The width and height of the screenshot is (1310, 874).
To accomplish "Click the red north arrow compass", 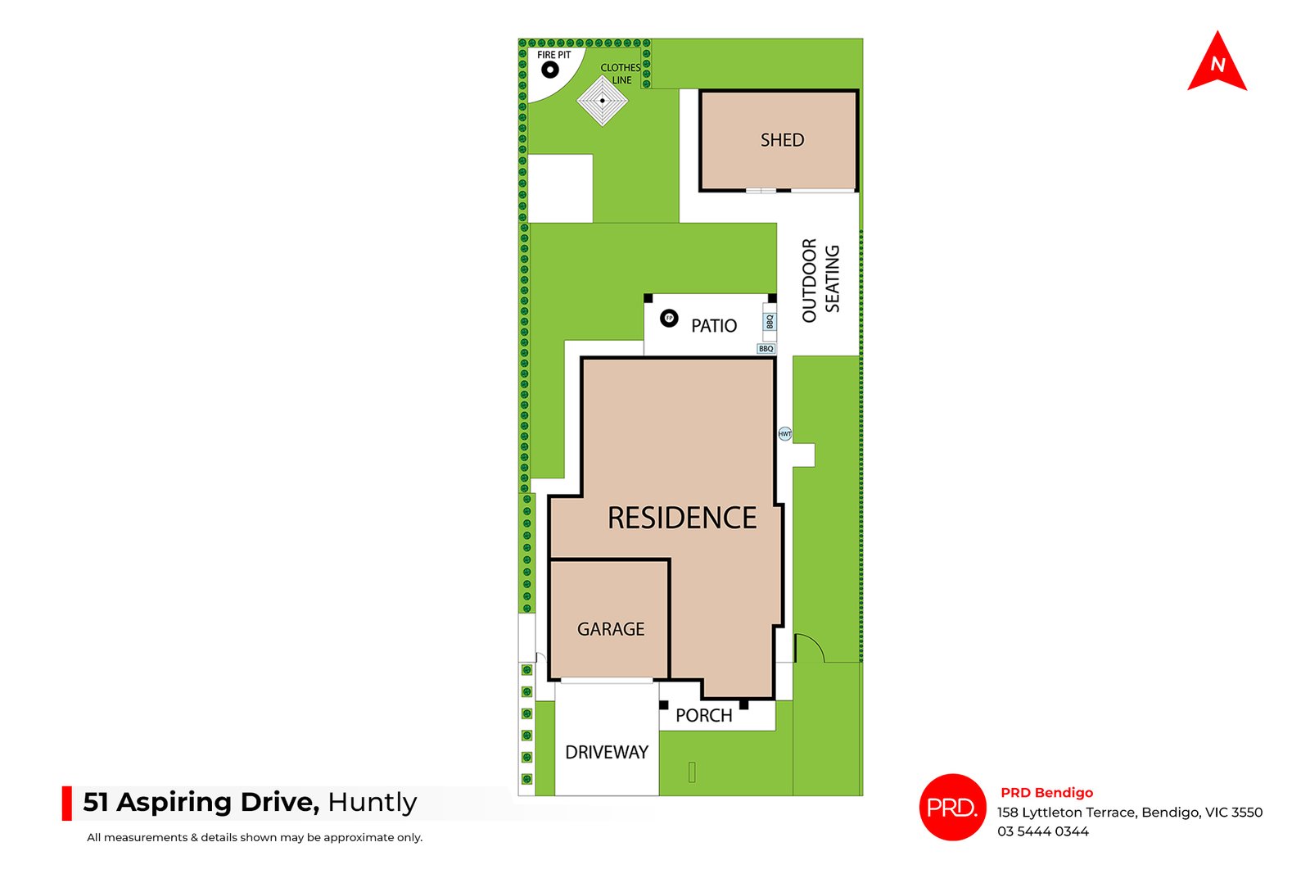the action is (x=1217, y=63).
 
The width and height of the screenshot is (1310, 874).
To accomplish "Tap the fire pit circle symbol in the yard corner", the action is (x=549, y=70).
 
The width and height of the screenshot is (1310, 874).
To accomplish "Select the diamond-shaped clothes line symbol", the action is (x=603, y=101).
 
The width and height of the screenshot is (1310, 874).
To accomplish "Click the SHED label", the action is (x=782, y=140).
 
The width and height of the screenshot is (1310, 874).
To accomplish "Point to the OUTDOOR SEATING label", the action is (x=820, y=279).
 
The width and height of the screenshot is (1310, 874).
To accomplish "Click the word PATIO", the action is (x=713, y=326).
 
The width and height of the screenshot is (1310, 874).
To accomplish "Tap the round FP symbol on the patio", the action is (x=669, y=319).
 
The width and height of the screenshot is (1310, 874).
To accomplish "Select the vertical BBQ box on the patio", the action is (x=770, y=322).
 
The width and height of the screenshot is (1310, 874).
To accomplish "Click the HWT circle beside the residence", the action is (x=785, y=433).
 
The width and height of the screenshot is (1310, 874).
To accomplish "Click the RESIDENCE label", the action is (x=682, y=518).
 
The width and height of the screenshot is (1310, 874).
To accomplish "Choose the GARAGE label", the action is (x=611, y=629).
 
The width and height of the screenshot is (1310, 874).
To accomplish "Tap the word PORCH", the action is (x=703, y=715).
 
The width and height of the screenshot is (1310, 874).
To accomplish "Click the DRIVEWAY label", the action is (x=607, y=752).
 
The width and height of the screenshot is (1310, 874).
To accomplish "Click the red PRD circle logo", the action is (x=953, y=808).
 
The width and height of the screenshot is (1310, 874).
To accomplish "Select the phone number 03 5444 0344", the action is (x=1043, y=831).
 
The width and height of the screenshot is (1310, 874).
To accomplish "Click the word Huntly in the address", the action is (x=373, y=803).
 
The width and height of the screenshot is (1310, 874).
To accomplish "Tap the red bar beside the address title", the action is (x=66, y=804).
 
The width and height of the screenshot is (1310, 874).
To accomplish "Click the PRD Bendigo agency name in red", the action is (x=1047, y=793).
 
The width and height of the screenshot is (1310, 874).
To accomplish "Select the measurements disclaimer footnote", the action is (x=255, y=838).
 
